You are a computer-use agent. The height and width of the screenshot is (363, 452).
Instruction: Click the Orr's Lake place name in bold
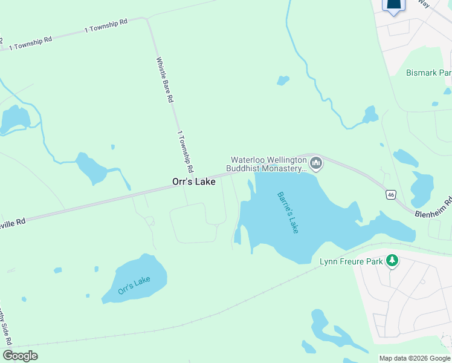(x=193, y=181)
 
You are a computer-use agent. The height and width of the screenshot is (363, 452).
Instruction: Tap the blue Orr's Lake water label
(x=134, y=285)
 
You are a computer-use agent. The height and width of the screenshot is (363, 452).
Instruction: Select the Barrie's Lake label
(x=288, y=212)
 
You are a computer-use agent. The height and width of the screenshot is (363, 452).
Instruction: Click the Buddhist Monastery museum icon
(x=315, y=163)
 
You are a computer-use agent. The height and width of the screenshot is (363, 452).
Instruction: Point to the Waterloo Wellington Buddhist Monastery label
(x=268, y=165)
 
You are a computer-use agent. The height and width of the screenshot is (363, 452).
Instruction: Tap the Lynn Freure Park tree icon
(x=392, y=260)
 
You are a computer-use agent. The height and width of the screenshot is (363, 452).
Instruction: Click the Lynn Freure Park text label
(x=352, y=261)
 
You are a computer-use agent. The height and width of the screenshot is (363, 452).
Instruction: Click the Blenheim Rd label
(x=433, y=209)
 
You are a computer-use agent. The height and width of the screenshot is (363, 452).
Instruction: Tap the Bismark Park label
(x=428, y=73)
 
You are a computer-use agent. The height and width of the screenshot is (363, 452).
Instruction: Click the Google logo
(x=20, y=356)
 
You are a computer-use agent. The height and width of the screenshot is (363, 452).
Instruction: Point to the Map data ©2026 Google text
(x=415, y=358)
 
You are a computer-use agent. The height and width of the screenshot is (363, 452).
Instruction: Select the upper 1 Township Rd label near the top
(x=106, y=25)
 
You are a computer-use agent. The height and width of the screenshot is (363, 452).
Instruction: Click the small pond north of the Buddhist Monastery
(x=282, y=80)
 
